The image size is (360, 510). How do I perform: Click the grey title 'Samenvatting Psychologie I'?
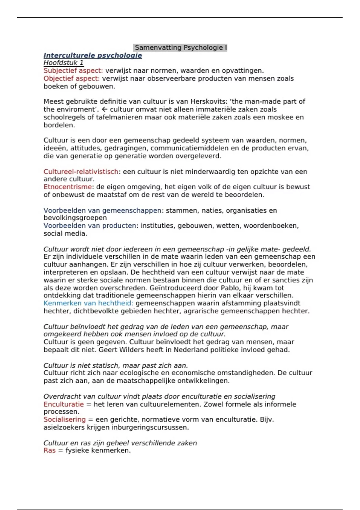pyautogui.click(x=180, y=48)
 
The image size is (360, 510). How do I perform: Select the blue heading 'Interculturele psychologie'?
pyautogui.click(x=93, y=55)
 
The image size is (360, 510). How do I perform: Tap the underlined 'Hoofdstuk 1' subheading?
pyautogui.click(x=64, y=63)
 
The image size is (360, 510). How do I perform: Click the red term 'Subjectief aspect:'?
pyautogui.click(x=73, y=71)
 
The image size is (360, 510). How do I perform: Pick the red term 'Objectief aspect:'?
pyautogui.click(x=71, y=79)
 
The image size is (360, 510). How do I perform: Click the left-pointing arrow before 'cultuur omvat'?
pyautogui.click(x=104, y=109)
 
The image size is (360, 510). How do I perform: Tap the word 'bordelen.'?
pyautogui.click(x=59, y=125)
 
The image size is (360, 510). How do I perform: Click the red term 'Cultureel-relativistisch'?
pyautogui.click(x=81, y=172)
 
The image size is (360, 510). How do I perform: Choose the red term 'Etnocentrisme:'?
pyautogui.click(x=69, y=187)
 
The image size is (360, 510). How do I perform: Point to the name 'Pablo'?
pyautogui.click(x=230, y=288)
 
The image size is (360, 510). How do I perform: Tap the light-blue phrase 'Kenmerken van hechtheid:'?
pyautogui.click(x=88, y=303)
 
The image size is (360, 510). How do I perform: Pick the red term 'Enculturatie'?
pyautogui.click(x=64, y=404)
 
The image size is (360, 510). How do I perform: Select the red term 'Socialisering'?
pyautogui.click(x=64, y=419)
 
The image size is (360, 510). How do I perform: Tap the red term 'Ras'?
pyautogui.click(x=49, y=451)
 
